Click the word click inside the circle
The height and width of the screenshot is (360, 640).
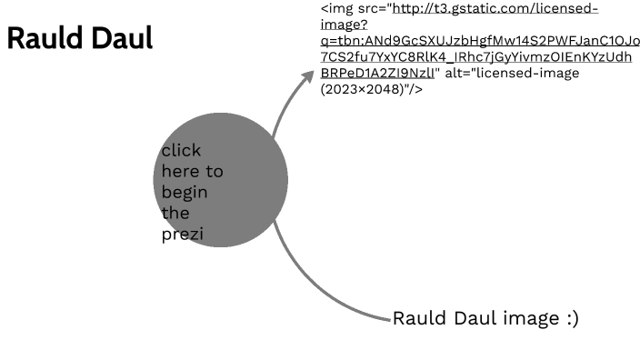tap(181, 150)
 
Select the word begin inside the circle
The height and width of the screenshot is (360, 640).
tap(185, 192)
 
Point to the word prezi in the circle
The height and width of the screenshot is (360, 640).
tap(181, 234)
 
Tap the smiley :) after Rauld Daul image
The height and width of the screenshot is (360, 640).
tap(569, 318)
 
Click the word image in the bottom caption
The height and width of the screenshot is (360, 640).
tap(528, 318)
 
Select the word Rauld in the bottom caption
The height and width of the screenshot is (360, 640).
tap(417, 318)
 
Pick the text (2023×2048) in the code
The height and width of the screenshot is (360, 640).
tap(363, 89)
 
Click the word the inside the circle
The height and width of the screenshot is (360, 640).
tap(175, 213)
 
